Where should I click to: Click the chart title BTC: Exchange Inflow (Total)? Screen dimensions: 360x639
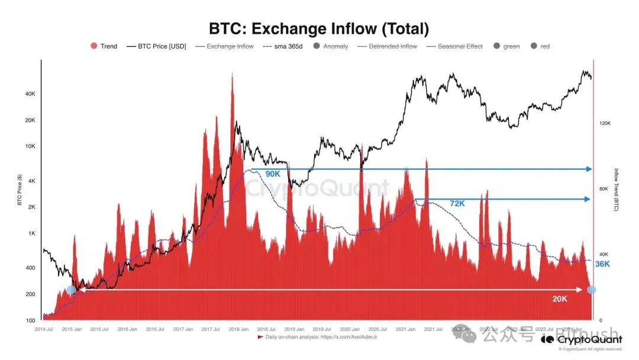(319, 28)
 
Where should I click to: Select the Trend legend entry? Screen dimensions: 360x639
(104, 46)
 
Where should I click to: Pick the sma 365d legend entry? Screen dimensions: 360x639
(283, 46)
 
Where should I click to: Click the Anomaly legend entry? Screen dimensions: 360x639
(331, 46)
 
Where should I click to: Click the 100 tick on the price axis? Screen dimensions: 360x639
(30, 320)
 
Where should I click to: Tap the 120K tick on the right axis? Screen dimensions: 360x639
(604, 123)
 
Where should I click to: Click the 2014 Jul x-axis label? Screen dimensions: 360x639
(44, 329)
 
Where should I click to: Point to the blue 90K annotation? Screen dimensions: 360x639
(273, 174)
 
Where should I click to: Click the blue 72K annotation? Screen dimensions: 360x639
(457, 203)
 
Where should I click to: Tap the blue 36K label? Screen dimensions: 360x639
(602, 264)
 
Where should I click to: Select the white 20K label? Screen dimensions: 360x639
(560, 299)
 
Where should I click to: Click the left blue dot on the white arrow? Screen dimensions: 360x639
(71, 290)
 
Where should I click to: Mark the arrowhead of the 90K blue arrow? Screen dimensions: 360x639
(589, 169)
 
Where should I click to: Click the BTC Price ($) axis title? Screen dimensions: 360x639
(20, 189)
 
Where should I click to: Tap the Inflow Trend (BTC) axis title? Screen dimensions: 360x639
(616, 189)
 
